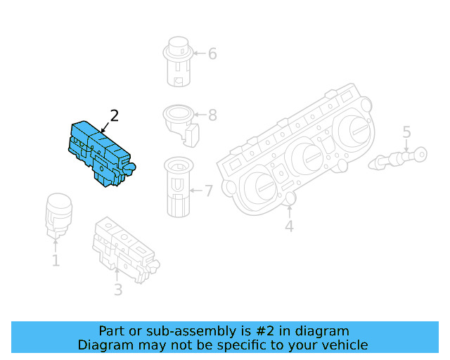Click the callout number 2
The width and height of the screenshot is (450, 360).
(x=114, y=116)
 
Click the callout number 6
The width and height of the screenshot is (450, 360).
(x=212, y=53)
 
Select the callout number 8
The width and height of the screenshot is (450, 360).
(x=212, y=115)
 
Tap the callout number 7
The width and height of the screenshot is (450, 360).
(x=207, y=190)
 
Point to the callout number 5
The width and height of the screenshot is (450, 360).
(x=406, y=131)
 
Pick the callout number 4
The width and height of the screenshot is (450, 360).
(x=289, y=226)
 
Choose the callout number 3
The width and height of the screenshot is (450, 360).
(x=118, y=289)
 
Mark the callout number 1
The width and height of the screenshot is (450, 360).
(x=56, y=261)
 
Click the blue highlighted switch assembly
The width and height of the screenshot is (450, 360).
(x=100, y=153)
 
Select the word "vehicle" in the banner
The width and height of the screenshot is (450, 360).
(x=343, y=345)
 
